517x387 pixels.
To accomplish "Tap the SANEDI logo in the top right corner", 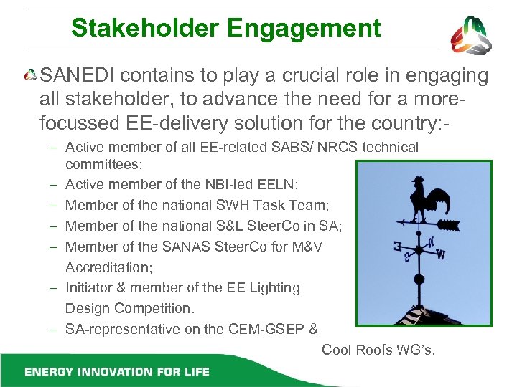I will tap(472, 35).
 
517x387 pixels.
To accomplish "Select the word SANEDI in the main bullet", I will tap(80, 75).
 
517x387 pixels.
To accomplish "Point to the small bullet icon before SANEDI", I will tap(31, 75).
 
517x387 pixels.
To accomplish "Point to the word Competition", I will tap(156, 308).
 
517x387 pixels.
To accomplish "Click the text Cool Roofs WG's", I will tap(378, 350).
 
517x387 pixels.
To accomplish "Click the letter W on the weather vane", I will tap(440, 254).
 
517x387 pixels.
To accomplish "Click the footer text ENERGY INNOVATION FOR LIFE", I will tap(117, 371).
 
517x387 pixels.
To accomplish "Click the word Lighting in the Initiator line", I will tap(273, 287).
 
